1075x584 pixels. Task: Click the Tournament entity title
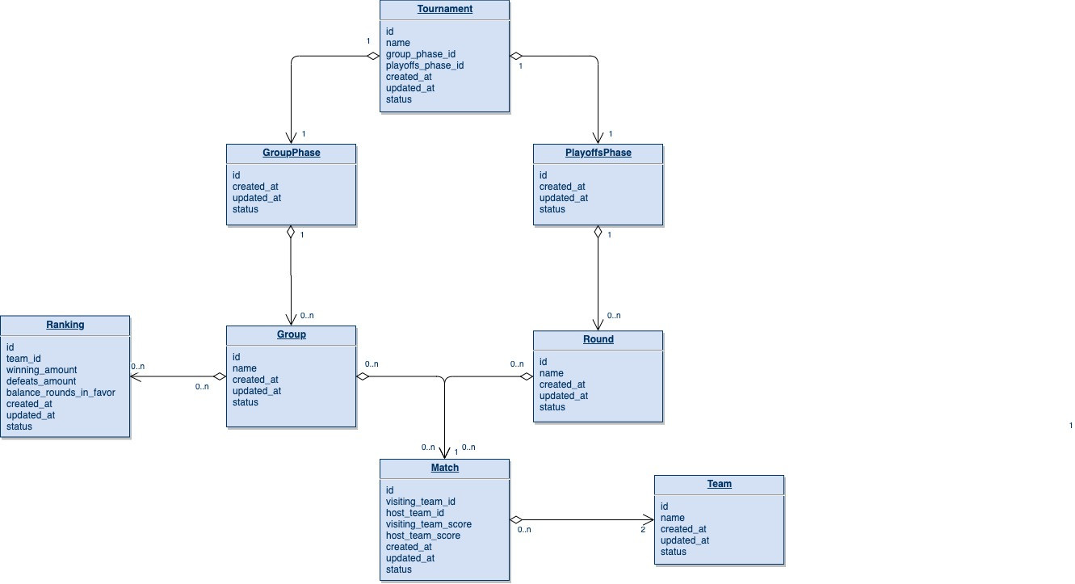point(445,9)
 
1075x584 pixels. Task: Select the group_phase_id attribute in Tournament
point(421,54)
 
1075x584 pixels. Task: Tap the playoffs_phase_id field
point(425,65)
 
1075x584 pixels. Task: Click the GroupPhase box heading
point(291,153)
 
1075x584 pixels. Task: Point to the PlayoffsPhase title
point(598,153)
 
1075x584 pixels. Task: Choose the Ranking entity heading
point(65,325)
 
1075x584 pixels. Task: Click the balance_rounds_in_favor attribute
point(61,393)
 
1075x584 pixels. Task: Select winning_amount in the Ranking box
point(42,370)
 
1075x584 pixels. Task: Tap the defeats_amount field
point(41,381)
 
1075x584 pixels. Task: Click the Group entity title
point(291,334)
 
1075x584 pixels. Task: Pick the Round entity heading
point(598,339)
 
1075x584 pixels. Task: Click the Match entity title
point(444,468)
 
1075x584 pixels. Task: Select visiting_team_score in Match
point(429,524)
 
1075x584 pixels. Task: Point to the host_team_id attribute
point(415,513)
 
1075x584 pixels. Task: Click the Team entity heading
point(719,484)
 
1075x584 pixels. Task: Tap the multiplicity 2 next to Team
point(644,530)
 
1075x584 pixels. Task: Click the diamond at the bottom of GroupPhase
point(291,232)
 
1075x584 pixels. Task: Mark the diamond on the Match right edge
point(517,520)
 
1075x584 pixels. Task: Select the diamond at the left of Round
point(526,376)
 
